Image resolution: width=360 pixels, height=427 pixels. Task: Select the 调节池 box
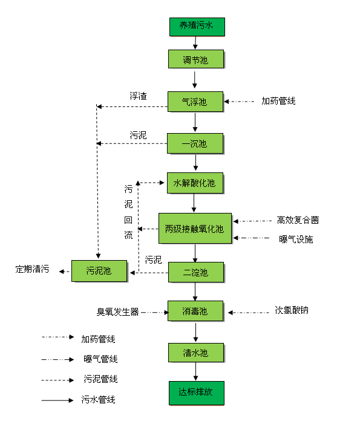point(195,60)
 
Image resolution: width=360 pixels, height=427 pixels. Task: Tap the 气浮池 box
point(195,102)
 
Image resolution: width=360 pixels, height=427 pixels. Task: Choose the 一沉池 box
point(195,143)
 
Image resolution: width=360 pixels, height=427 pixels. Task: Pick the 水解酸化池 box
point(195,182)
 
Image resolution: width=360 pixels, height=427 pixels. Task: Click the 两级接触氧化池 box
point(195,229)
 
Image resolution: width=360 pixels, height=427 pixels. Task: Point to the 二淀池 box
point(195,273)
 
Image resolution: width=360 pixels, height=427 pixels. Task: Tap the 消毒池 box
point(195,311)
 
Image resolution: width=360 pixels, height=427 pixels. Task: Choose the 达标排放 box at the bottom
point(195,392)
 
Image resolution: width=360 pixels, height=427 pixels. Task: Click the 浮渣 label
point(139,96)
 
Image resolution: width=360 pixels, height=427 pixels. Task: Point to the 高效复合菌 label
point(298,220)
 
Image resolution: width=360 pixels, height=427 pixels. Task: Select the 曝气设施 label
point(296,239)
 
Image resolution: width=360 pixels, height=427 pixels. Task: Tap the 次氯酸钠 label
point(292,310)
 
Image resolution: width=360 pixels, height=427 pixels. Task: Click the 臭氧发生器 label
point(118,311)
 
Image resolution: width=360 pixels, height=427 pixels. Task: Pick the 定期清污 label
point(33,269)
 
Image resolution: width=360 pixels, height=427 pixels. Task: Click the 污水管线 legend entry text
point(98,400)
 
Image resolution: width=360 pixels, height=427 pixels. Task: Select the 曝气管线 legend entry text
point(100,359)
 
